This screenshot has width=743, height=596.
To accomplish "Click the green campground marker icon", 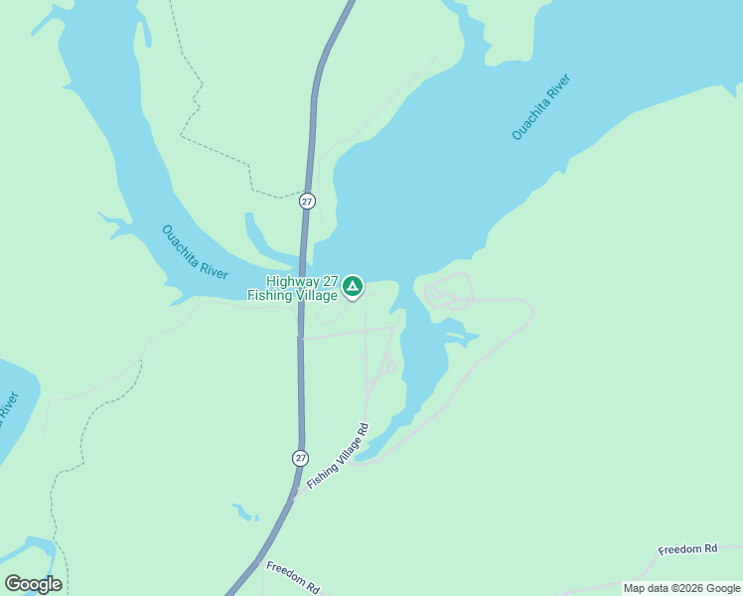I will pyautogui.click(x=352, y=287).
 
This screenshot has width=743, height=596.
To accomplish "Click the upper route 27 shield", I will pyautogui.click(x=307, y=201).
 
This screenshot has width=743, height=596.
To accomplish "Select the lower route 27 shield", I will pyautogui.click(x=300, y=458).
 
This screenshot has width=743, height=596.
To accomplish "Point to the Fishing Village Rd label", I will pyautogui.click(x=338, y=456).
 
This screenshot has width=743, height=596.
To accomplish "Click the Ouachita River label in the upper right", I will pyautogui.click(x=542, y=106).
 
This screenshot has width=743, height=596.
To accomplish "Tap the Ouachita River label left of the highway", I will pyautogui.click(x=195, y=253).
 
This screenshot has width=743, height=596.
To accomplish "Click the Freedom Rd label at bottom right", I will pyautogui.click(x=687, y=549).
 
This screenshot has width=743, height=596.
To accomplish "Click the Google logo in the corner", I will pyautogui.click(x=33, y=584).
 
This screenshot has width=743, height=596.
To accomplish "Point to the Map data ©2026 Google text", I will pyautogui.click(x=681, y=588).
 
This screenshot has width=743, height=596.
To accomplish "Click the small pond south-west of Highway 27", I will pyautogui.click(x=244, y=513).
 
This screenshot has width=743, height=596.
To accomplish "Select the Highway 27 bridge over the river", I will pyautogui.click(x=302, y=260).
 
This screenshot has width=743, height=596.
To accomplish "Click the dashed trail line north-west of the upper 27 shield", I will pyautogui.click(x=214, y=149).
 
